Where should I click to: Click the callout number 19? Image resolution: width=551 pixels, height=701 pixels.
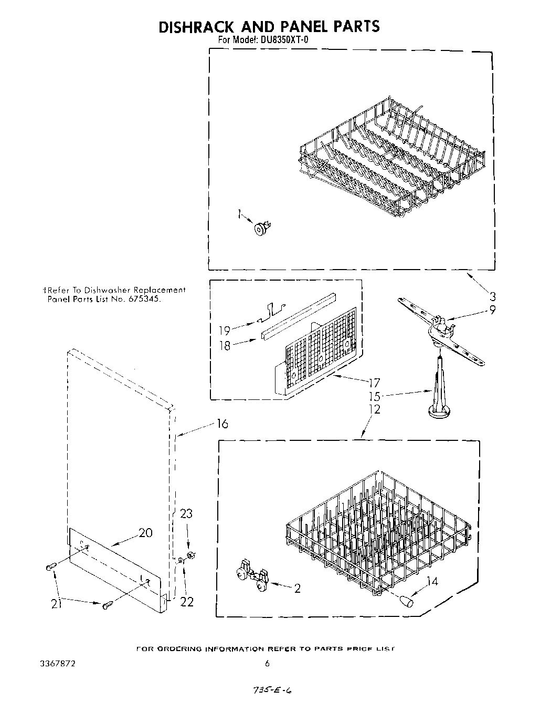tap(224, 330)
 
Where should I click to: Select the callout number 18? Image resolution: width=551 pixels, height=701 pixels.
tap(224, 346)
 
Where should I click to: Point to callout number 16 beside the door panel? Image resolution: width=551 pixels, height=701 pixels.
tap(222, 424)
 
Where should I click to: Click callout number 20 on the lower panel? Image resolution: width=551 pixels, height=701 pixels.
tap(145, 533)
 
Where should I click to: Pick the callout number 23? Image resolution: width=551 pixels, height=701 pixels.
tap(186, 513)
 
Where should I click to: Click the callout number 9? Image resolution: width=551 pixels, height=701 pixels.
tap(492, 310)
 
